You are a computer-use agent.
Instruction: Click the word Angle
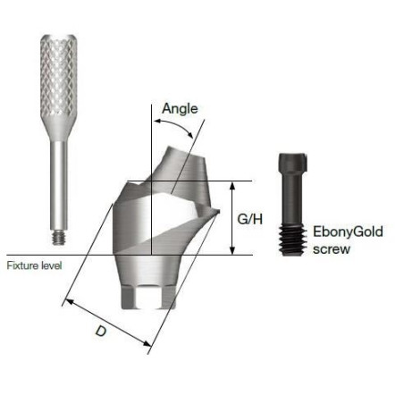pos(180,109)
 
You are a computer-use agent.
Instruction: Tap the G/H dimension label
pos(250,219)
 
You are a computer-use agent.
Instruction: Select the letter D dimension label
pos(101,331)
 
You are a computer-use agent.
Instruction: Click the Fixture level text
pos(34,265)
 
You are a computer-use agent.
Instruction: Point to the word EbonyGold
pos(348,231)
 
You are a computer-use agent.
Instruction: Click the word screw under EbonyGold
pos(332,249)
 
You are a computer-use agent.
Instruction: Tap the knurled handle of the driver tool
pos(59,76)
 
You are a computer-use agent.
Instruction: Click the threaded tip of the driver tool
pos(59,237)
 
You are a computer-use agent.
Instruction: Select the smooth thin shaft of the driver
pos(59,185)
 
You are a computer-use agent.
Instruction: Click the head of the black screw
pos(292,163)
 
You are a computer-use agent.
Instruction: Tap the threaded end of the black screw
pos(292,240)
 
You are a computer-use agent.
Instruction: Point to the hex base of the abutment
pos(148,298)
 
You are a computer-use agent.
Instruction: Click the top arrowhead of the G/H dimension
pos(232,185)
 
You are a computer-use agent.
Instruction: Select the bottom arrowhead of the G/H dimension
pos(232,250)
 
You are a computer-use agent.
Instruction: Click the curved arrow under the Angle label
pos(173,125)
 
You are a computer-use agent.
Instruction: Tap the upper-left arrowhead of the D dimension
pos(70,302)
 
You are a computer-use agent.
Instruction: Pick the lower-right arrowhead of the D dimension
pos(147,343)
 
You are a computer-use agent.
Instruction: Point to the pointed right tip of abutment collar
pos(218,211)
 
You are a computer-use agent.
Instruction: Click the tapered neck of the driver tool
pos(59,129)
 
